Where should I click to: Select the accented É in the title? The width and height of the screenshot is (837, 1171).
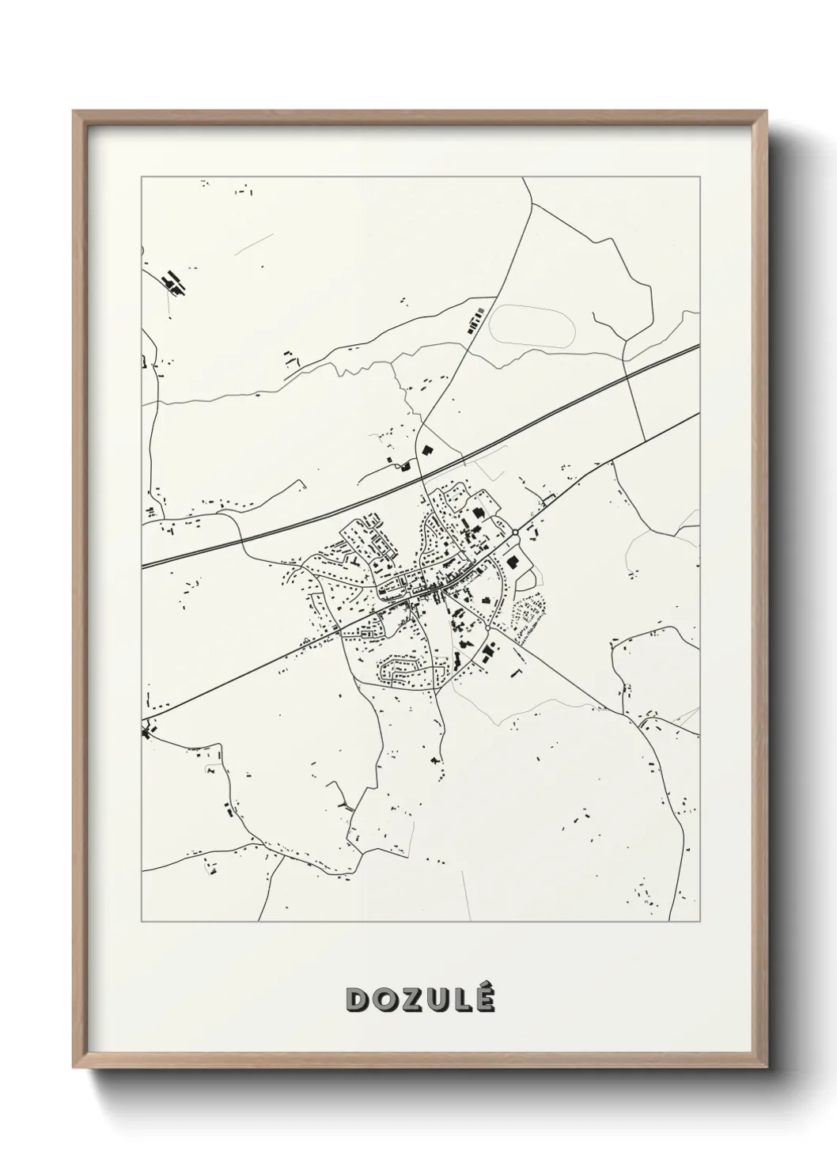pyautogui.click(x=484, y=999)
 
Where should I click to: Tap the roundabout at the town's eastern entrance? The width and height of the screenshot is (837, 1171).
pyautogui.click(x=515, y=533)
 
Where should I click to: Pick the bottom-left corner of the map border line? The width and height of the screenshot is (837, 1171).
pyautogui.click(x=142, y=922)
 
